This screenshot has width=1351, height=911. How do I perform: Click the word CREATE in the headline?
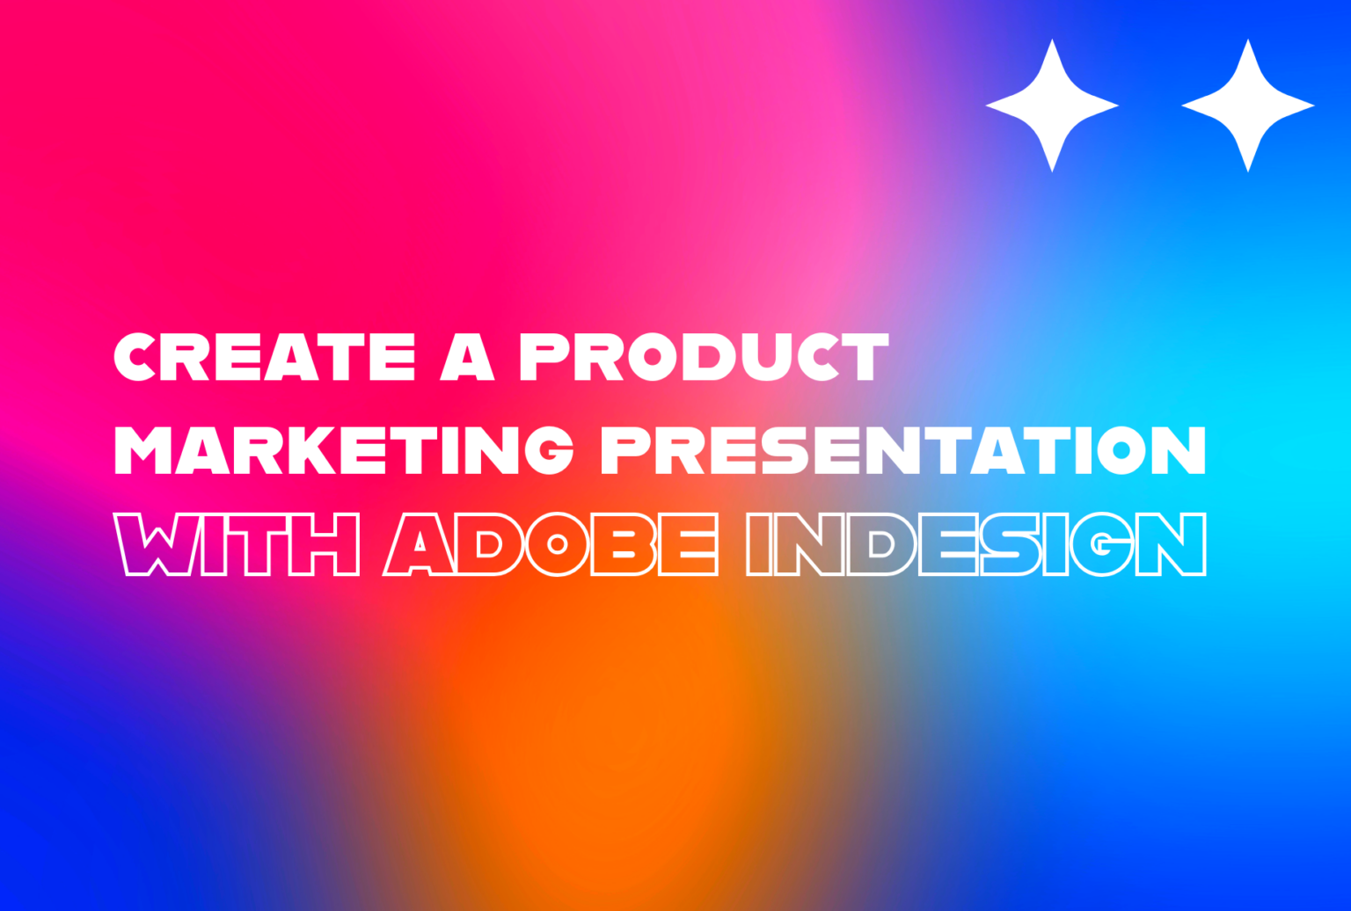pos(265,357)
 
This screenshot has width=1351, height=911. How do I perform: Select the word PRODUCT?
pos(704,357)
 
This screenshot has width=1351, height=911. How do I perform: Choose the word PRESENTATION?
pos(902,450)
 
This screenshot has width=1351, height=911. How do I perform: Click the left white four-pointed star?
pos(1052,106)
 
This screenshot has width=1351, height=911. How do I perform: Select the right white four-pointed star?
pos(1247,106)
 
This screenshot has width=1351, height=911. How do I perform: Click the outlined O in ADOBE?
pos(557,544)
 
